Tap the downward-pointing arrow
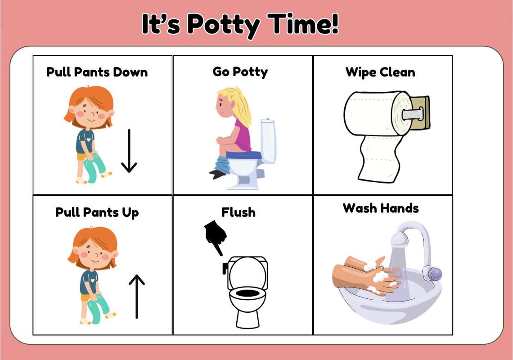[129, 151]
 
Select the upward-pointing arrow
[136, 297]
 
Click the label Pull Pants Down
[97, 72]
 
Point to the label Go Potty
[240, 72]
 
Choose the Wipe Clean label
[380, 72]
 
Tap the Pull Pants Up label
[97, 212]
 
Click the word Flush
[238, 212]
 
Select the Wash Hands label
[381, 208]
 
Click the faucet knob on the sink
[434, 273]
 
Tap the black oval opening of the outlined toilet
[247, 293]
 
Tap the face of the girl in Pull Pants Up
[93, 254]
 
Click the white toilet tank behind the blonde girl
[268, 139]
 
